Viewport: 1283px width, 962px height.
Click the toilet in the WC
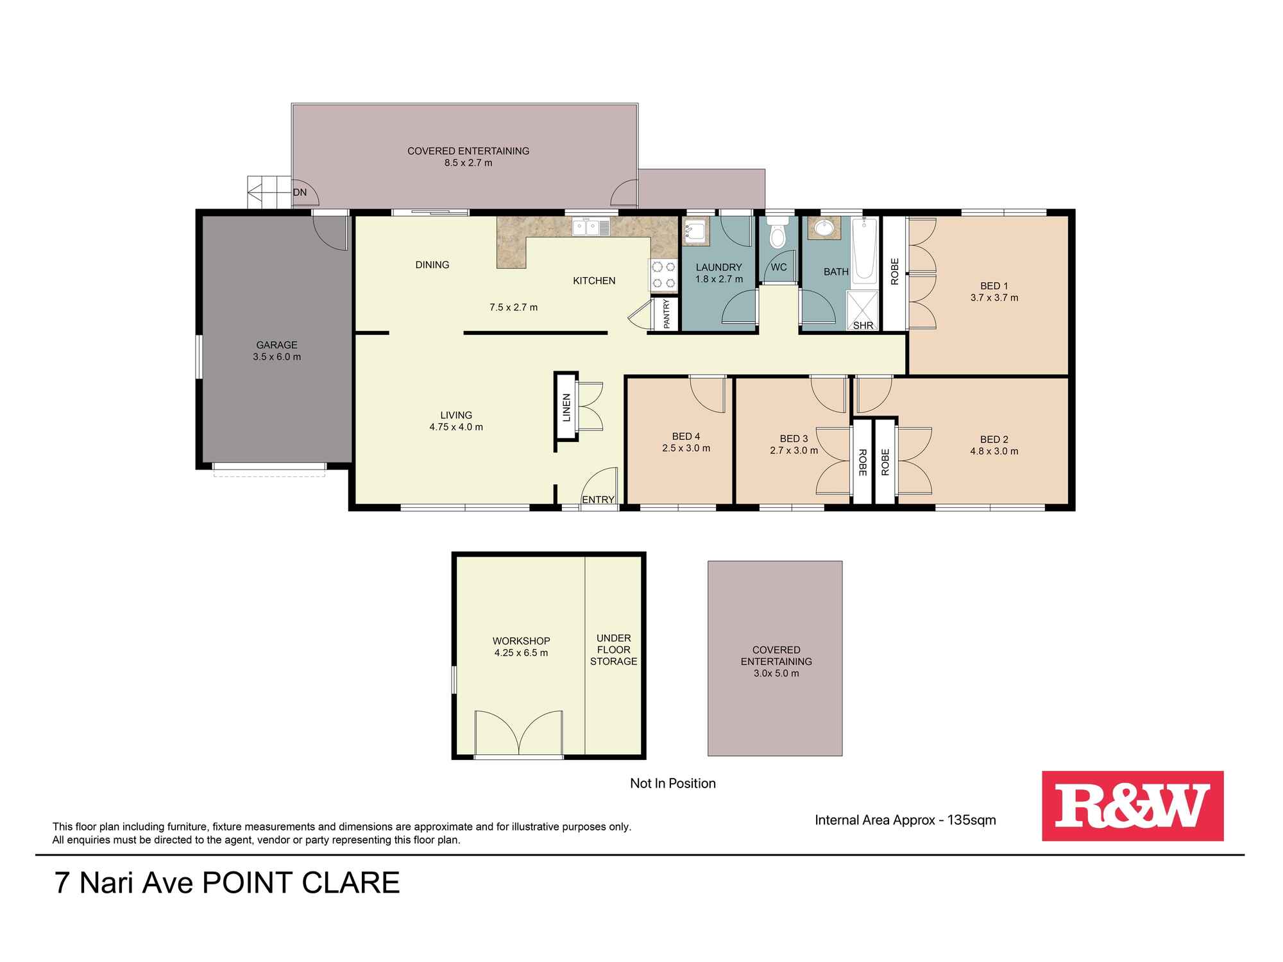[x=777, y=235]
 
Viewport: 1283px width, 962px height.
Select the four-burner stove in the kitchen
[x=663, y=274]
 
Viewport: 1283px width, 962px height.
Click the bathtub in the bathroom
[x=865, y=251]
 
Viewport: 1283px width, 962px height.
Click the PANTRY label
[x=667, y=314]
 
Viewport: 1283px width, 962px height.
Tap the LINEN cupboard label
[x=566, y=407]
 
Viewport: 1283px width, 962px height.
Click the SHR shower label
[x=863, y=325]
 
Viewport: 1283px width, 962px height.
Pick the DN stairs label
[x=300, y=192]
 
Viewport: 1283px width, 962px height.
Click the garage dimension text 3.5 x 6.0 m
[x=276, y=357]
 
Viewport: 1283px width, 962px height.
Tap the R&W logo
[x=1132, y=806]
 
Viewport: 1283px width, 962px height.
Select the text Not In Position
[x=672, y=783]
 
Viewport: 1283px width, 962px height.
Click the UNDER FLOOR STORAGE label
[x=613, y=650]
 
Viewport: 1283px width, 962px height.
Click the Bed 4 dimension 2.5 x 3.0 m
[x=686, y=448]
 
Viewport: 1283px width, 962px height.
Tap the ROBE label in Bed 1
[x=895, y=271]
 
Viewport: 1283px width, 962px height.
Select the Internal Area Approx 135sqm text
[x=905, y=820]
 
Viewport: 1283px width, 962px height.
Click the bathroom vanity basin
[x=822, y=228]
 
